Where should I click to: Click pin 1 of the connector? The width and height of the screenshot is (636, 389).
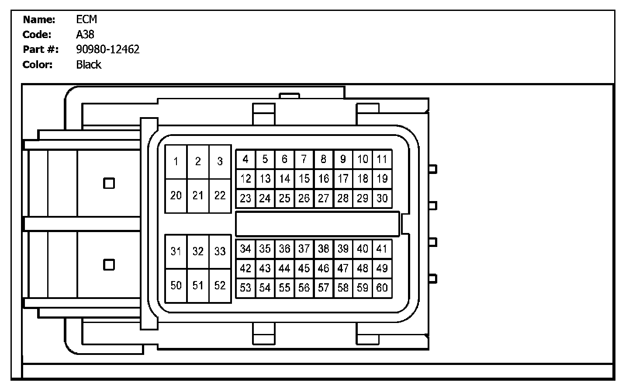(x=176, y=162)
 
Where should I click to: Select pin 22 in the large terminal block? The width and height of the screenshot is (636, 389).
(x=220, y=195)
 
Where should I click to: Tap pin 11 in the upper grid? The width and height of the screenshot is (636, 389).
(x=382, y=159)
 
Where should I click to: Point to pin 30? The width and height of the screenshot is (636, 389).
(x=382, y=198)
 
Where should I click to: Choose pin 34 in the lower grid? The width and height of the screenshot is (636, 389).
(x=245, y=249)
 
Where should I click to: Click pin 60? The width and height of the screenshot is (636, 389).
(x=382, y=288)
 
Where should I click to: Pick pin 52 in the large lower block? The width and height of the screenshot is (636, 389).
(x=220, y=285)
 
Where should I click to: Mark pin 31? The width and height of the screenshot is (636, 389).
(x=176, y=251)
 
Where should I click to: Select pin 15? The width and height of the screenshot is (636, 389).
(x=304, y=179)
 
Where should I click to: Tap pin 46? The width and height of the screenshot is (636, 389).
(x=324, y=268)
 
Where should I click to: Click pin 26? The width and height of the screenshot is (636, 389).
(x=304, y=198)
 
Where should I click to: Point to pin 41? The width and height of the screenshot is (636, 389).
(x=382, y=249)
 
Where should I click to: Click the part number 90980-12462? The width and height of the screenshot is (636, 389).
(x=107, y=49)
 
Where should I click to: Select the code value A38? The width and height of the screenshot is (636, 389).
(x=85, y=35)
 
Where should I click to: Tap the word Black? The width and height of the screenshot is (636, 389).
(x=89, y=65)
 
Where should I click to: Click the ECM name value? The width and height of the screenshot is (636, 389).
(x=86, y=19)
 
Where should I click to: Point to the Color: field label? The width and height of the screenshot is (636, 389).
(x=38, y=65)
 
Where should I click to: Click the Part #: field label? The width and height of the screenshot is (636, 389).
(x=41, y=49)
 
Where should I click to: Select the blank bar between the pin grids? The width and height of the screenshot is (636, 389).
(x=318, y=224)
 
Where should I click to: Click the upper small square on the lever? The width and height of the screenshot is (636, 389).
(x=109, y=183)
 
